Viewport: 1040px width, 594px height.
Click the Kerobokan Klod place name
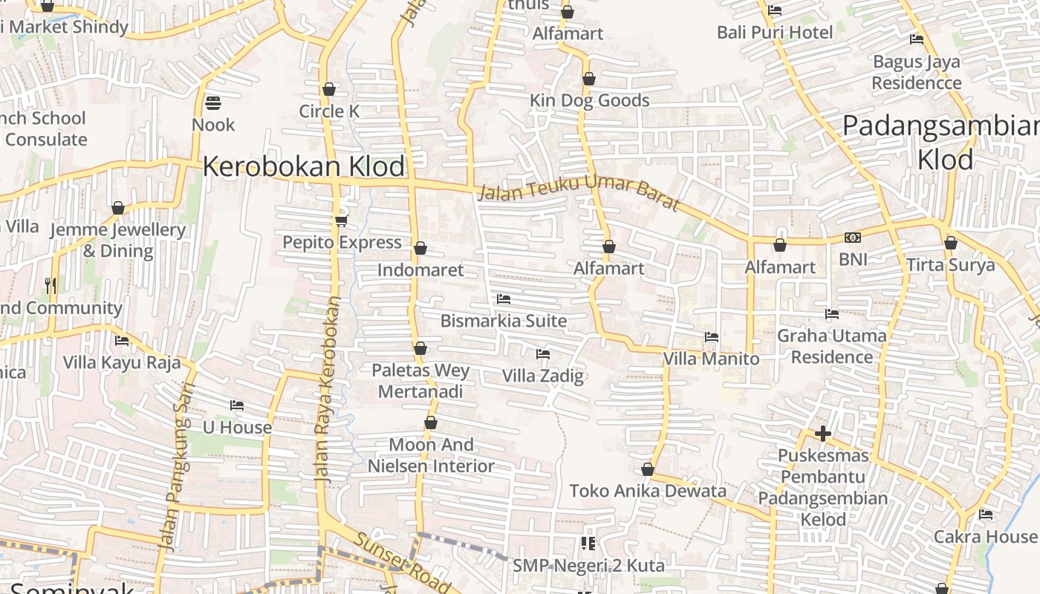click(x=304, y=166)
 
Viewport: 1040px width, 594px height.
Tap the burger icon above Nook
click(x=213, y=102)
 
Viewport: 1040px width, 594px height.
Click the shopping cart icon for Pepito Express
click(x=342, y=221)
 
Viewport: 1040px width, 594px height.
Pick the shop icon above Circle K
click(x=329, y=90)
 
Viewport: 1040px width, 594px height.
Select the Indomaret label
click(x=420, y=270)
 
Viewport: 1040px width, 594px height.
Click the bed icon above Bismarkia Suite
click(x=504, y=299)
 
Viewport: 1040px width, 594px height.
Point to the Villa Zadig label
click(x=543, y=376)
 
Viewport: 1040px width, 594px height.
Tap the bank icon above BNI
click(x=853, y=238)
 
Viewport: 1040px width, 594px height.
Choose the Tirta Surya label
click(x=950, y=265)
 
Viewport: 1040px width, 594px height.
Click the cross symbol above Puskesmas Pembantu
click(x=823, y=434)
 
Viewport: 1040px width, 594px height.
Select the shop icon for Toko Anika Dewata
click(x=648, y=470)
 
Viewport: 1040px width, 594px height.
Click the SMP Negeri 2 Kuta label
click(x=588, y=566)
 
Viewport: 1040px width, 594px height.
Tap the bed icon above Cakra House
click(x=986, y=514)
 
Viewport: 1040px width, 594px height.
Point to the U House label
click(x=238, y=428)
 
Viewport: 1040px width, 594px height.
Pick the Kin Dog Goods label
click(x=590, y=100)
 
